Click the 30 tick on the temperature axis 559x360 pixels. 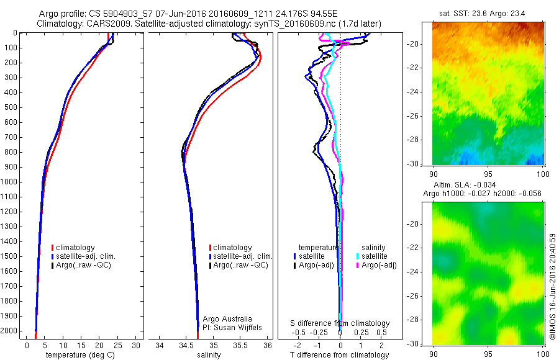pos(136,345)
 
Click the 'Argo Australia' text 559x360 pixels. pos(228,318)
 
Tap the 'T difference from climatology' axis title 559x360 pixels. pos(340,355)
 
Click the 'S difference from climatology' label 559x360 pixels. pos(340,323)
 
